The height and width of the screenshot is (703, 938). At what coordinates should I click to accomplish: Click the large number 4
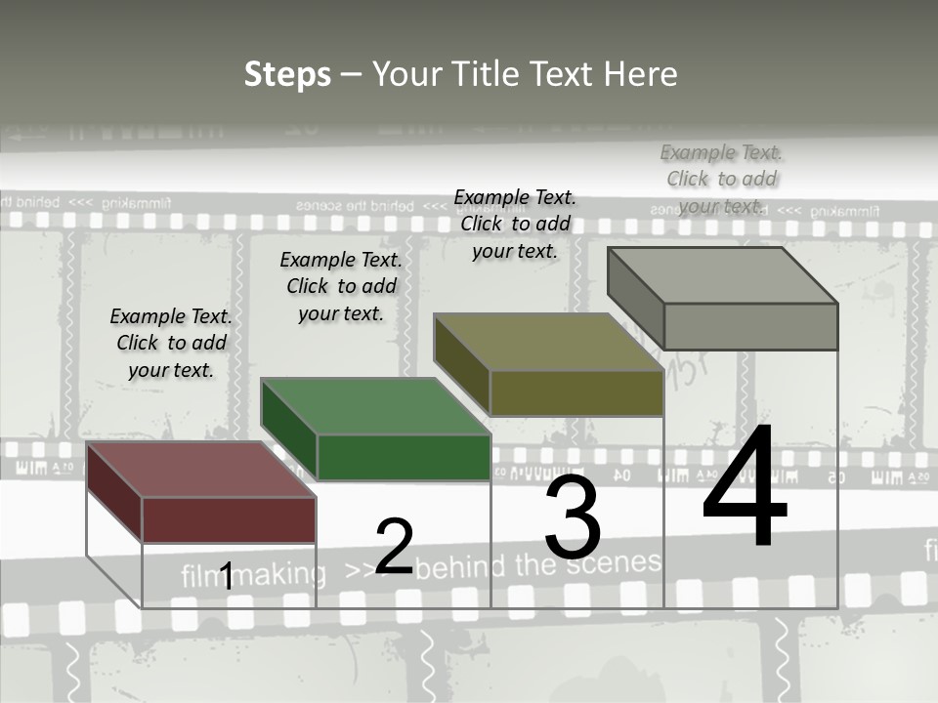pos(745,488)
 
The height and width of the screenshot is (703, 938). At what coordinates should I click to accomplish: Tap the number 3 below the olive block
pos(573,517)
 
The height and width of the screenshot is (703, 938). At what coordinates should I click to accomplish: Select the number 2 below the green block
pos(394,547)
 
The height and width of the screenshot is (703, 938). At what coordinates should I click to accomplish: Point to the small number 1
pos(226,576)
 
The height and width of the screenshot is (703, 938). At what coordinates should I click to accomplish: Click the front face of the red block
pos(229,519)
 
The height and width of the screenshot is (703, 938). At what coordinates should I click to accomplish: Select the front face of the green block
pos(403,457)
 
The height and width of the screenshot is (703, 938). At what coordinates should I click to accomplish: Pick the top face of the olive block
pos(547,343)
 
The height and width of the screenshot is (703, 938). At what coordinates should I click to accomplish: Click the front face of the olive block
pos(576,393)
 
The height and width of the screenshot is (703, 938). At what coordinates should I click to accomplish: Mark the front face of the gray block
pos(750,326)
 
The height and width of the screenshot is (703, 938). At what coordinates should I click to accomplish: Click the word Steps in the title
pos(287,74)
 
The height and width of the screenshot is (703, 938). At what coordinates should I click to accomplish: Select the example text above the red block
pos(171,344)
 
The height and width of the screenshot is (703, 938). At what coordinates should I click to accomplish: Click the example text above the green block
pos(341,286)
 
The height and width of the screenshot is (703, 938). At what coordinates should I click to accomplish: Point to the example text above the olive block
pos(515,225)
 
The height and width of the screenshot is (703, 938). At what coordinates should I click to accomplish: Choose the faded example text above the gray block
pos(721,179)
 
